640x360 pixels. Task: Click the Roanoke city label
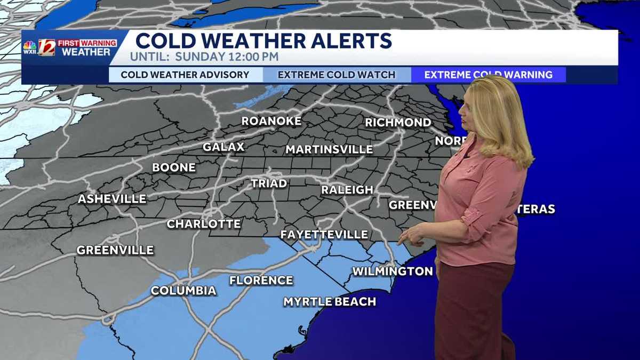(x=271, y=121)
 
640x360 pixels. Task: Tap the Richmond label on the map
(x=398, y=123)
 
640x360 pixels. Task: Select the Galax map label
(x=223, y=147)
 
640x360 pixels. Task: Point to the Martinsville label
(x=329, y=149)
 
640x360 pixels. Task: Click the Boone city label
(x=174, y=167)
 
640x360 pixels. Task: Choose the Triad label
(x=269, y=183)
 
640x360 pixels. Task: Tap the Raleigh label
(x=347, y=190)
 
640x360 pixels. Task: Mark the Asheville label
(x=112, y=199)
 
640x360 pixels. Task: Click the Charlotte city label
(x=204, y=224)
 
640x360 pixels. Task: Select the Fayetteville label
(x=324, y=235)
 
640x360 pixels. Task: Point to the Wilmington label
(x=393, y=271)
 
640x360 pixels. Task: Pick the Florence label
(x=261, y=281)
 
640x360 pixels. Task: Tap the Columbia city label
(x=183, y=291)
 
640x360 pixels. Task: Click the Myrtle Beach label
(x=330, y=302)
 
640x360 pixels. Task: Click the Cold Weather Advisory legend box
(x=185, y=75)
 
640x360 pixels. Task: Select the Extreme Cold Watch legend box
(x=337, y=75)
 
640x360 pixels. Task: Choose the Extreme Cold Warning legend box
(x=488, y=75)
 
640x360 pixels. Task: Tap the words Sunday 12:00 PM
(x=233, y=57)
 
